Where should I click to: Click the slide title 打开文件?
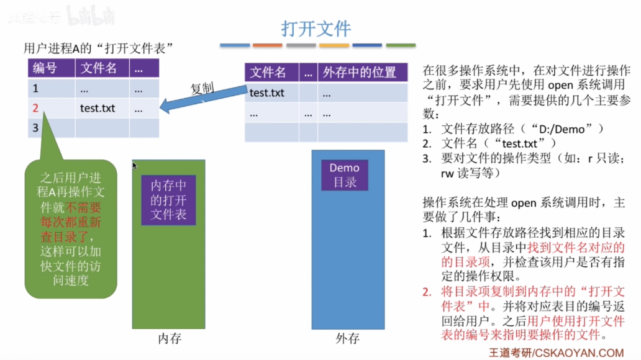316,29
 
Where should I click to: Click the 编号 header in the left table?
45,68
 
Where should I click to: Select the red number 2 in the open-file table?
35,108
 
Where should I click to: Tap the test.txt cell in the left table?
98,108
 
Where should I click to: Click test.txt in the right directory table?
267,93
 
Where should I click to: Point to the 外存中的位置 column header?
359,72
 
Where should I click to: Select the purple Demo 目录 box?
344,175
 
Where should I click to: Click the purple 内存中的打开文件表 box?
168,199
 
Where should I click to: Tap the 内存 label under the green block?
169,339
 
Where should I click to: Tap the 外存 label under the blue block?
347,339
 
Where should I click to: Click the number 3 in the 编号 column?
35,128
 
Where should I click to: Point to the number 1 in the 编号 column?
35,88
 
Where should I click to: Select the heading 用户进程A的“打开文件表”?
97,48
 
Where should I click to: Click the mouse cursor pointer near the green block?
135,166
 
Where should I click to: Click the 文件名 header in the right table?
268,72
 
